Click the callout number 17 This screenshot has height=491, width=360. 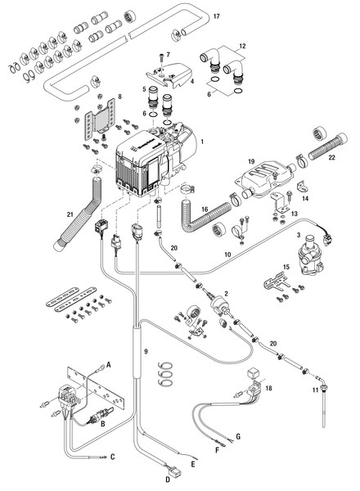tap(217, 16)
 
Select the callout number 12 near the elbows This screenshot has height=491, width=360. tap(241, 47)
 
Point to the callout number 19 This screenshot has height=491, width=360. tap(252, 163)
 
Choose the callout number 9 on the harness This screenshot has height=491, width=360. tap(147, 351)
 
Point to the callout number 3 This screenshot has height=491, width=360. tap(299, 235)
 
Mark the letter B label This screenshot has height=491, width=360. tap(102, 424)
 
